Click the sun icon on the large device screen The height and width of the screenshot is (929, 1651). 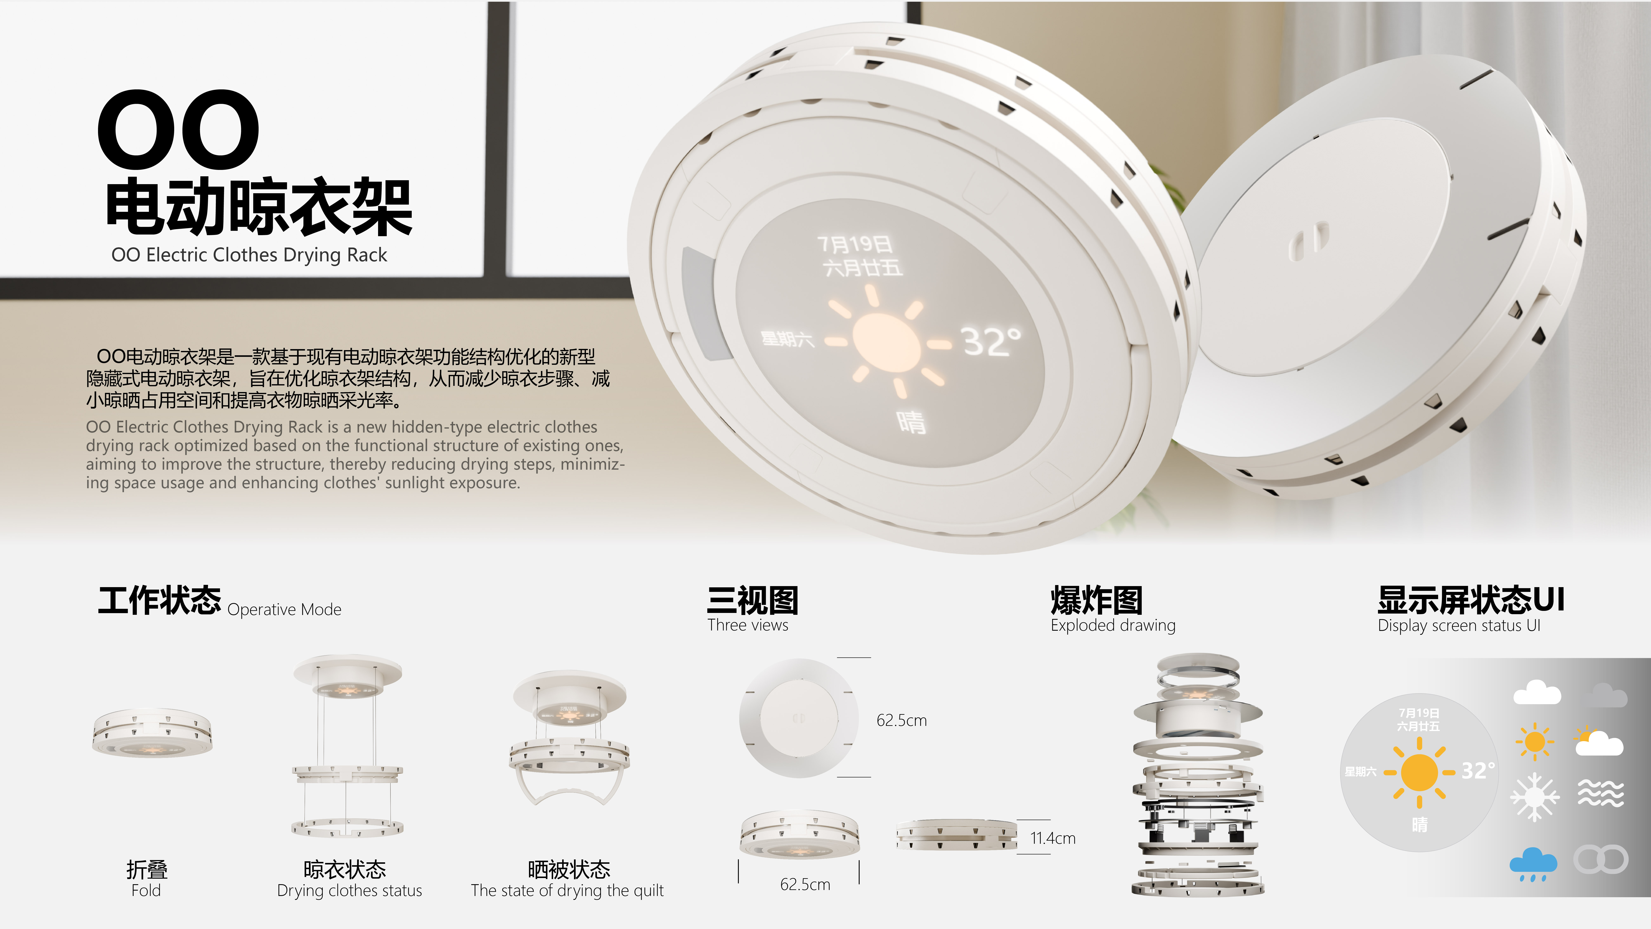(886, 342)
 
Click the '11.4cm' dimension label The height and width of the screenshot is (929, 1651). (1052, 838)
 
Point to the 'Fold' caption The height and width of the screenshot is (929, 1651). (146, 891)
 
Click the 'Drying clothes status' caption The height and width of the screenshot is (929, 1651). (349, 891)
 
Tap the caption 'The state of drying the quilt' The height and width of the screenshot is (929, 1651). (567, 891)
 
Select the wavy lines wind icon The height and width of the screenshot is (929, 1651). (1600, 794)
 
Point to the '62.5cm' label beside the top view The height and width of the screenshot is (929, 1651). (901, 721)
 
